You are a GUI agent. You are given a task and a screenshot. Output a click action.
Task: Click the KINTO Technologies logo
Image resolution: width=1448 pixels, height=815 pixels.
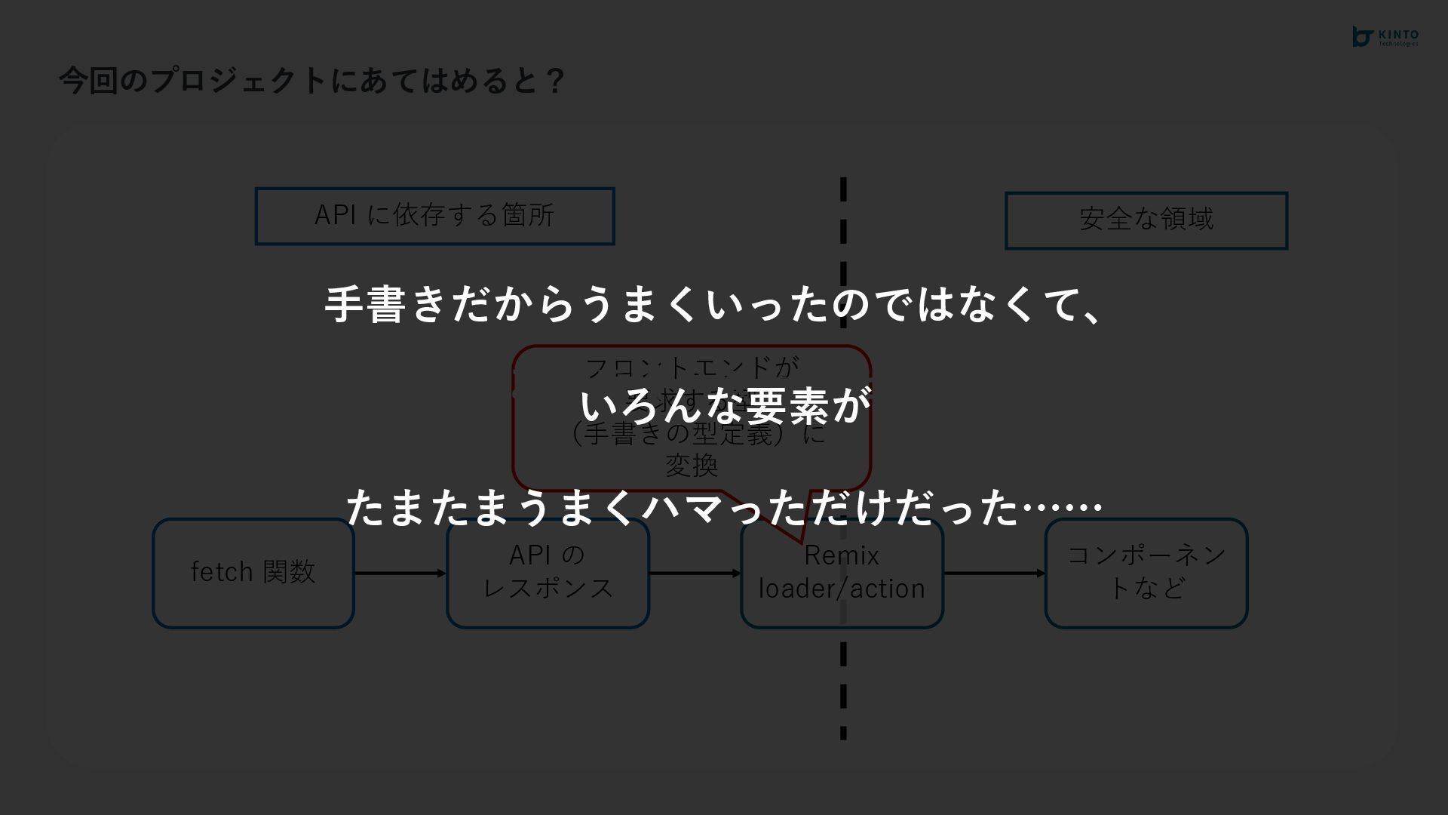tap(1385, 37)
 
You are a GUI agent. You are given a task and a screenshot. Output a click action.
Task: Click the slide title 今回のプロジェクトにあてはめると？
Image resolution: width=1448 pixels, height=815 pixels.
tap(311, 81)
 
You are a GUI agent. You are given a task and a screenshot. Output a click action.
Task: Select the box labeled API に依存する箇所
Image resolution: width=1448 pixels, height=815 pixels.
tap(434, 216)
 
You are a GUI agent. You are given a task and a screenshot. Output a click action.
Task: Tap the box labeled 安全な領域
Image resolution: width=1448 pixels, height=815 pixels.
tap(1146, 220)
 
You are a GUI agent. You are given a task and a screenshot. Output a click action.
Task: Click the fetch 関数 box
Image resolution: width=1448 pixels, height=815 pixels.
tap(253, 573)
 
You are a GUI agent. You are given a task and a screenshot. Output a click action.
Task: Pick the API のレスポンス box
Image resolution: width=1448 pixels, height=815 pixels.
tap(548, 573)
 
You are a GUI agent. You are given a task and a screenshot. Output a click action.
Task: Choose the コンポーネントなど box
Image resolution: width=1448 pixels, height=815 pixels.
tap(1146, 573)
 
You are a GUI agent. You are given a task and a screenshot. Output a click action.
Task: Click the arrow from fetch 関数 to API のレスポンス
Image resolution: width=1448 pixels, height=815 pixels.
tap(400, 574)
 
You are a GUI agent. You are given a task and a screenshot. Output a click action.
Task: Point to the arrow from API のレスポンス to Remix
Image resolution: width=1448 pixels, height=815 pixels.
tap(695, 574)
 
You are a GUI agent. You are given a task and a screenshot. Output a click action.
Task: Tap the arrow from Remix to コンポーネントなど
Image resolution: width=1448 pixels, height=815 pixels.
tap(994, 574)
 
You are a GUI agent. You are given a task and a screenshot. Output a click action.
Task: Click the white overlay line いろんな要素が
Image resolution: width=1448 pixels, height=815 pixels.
tap(725, 406)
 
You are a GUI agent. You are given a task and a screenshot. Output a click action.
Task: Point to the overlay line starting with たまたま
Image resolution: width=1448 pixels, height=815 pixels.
tap(724, 507)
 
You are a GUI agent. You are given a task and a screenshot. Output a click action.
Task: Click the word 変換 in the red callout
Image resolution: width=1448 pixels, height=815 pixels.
tap(691, 466)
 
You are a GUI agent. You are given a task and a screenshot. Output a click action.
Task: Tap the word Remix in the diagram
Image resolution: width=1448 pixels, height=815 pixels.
tap(842, 556)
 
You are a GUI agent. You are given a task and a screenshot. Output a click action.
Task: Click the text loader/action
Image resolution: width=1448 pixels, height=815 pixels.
tap(842, 589)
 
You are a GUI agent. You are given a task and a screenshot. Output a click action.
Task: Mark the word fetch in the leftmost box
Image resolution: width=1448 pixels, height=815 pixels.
tap(221, 573)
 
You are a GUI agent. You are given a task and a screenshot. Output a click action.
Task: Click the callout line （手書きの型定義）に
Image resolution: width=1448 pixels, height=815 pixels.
tap(698, 435)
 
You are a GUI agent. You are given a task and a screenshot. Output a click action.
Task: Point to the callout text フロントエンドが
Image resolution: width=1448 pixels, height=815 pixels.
tap(691, 368)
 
